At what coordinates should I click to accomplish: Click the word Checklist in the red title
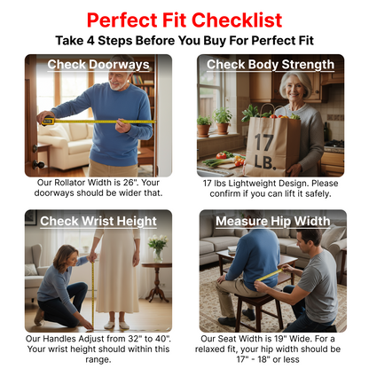237,20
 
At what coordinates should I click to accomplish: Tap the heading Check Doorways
98,65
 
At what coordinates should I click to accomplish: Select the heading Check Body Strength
271,65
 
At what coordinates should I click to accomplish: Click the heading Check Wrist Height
98,221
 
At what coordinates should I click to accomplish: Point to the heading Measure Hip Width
272,221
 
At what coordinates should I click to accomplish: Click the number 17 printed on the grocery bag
264,143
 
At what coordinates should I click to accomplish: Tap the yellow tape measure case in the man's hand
48,121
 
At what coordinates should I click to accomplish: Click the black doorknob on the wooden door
38,164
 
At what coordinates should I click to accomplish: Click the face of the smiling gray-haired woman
294,88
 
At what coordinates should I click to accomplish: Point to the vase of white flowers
158,248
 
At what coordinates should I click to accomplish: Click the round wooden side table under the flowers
157,281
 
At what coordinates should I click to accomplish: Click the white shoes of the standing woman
116,325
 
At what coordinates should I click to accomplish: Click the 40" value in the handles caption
162,339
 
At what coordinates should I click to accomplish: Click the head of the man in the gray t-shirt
308,241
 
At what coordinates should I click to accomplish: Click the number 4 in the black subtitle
90,41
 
